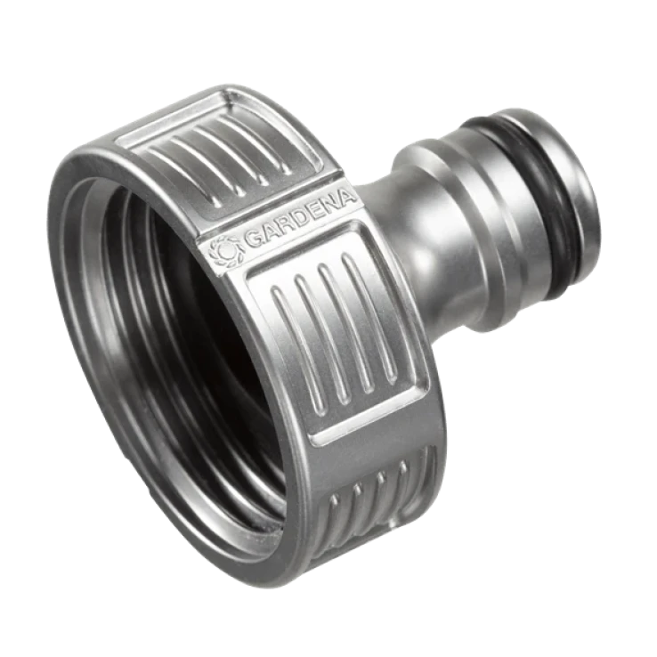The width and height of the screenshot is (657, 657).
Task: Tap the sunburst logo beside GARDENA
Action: point(225,253)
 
